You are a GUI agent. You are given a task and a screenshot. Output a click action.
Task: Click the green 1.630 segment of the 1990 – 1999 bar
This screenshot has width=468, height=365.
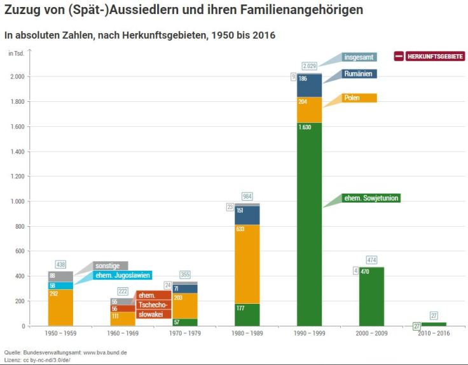pyautogui.click(x=309, y=223)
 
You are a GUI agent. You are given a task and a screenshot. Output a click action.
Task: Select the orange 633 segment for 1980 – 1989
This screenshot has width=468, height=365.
pyautogui.click(x=247, y=264)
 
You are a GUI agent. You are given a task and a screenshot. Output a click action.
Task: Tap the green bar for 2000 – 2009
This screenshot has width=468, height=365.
pyautogui.click(x=371, y=296)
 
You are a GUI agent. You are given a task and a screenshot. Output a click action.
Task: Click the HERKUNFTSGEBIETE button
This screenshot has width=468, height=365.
pyautogui.click(x=429, y=57)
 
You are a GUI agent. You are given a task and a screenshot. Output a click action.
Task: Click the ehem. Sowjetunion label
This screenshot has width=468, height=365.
pyautogui.click(x=371, y=198)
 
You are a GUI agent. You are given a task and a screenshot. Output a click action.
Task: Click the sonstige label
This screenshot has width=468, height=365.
pyautogui.click(x=110, y=266)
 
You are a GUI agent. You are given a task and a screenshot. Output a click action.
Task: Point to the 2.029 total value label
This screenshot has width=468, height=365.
pyautogui.click(x=310, y=66)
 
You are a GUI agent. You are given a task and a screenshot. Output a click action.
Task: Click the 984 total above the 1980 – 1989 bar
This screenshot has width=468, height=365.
pyautogui.click(x=247, y=196)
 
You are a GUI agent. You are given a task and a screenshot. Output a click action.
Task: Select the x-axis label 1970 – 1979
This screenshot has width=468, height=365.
pyautogui.click(x=184, y=333)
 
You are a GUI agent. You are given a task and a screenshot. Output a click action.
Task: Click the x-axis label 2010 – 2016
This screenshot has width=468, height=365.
pyautogui.click(x=434, y=333)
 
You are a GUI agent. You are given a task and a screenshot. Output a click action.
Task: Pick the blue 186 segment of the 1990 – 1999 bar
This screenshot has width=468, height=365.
pyautogui.click(x=309, y=85)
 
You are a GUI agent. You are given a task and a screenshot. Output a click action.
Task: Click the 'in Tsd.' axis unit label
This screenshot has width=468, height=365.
pyautogui.click(x=16, y=53)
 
